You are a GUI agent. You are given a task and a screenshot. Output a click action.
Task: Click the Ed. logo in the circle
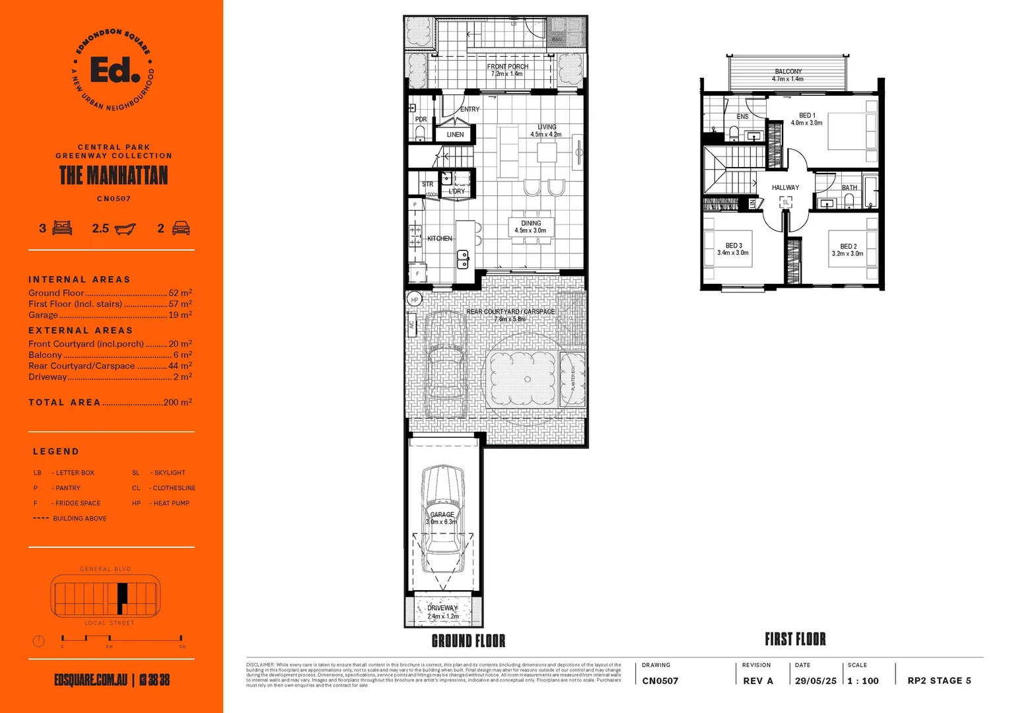114,70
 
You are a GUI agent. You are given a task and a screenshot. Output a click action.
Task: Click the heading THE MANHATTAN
114,176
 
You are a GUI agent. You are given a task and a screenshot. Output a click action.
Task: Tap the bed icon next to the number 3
62,228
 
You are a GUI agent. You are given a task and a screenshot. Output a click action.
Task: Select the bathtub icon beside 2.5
125,229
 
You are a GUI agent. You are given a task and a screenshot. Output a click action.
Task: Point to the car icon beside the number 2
181,228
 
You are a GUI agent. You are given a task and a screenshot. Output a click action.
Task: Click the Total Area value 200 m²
178,402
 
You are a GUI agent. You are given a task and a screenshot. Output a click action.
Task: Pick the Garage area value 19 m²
180,315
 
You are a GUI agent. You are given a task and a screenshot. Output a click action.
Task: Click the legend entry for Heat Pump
161,503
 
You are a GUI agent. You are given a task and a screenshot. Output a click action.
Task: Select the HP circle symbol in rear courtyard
415,300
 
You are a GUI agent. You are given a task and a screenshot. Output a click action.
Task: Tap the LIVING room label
546,127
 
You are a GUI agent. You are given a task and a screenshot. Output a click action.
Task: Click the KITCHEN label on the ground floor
440,238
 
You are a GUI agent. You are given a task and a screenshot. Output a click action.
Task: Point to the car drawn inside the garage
442,518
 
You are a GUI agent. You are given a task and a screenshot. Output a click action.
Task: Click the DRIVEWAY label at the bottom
442,608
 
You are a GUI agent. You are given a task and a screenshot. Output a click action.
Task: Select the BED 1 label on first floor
807,116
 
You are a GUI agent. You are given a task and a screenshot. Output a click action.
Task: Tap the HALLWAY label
785,187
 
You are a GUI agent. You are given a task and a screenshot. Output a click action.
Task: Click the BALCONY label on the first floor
788,71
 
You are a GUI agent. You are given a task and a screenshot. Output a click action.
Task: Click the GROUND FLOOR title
468,641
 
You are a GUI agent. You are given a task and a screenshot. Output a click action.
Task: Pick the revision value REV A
757,681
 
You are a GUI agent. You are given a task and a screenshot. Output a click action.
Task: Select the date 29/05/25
816,681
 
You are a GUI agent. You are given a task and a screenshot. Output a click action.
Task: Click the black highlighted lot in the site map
122,598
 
